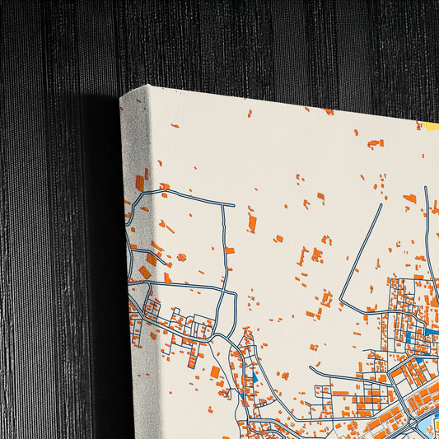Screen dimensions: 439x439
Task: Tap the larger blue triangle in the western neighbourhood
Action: coord(254,377)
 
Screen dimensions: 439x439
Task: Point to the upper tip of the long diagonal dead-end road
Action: coord(381,205)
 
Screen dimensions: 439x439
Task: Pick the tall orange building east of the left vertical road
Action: coord(252,223)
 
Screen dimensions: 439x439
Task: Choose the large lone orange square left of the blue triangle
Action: coord(215,371)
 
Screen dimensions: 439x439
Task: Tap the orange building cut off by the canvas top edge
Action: coord(329,111)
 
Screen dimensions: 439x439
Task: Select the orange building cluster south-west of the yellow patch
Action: coord(375,143)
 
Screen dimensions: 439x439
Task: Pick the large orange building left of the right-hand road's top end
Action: coord(409,198)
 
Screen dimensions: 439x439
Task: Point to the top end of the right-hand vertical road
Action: coord(426,189)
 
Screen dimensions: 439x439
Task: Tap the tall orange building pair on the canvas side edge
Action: coord(139,181)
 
